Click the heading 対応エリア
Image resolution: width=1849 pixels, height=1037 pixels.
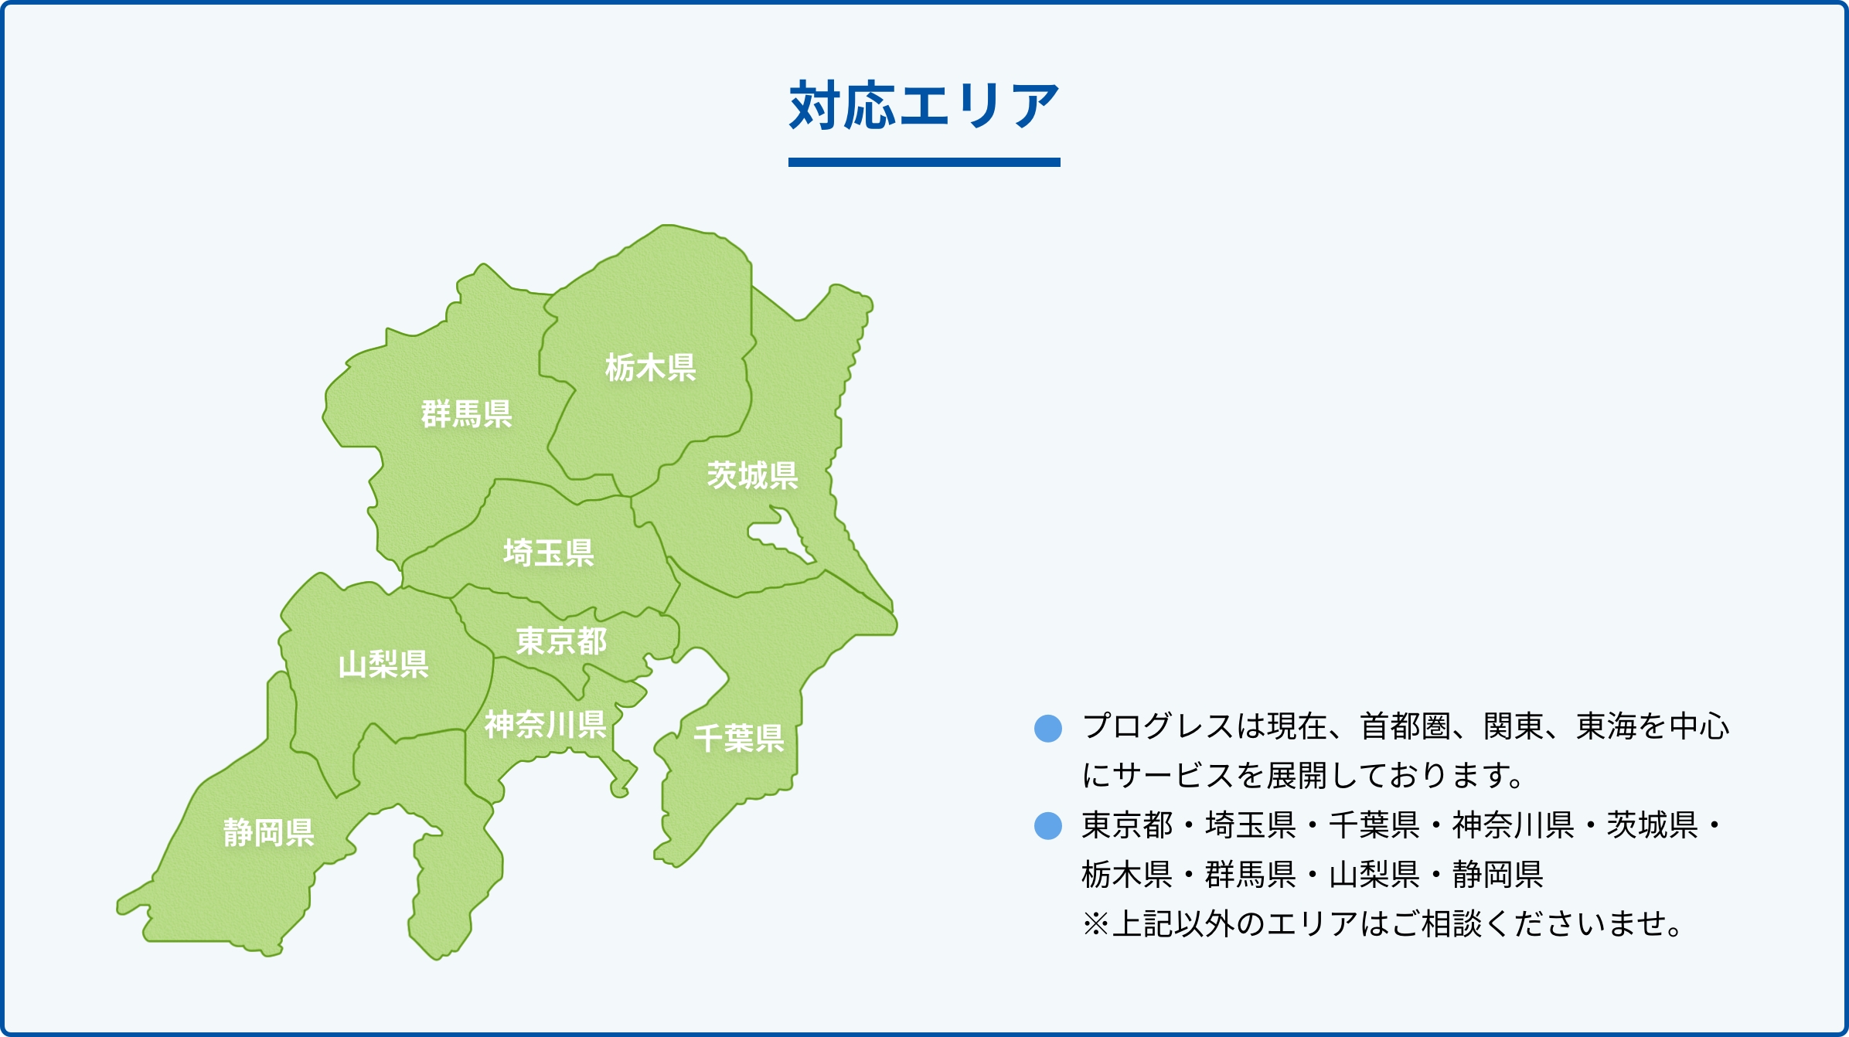pyautogui.click(x=924, y=106)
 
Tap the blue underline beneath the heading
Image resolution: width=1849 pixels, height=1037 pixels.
pyautogui.click(x=924, y=162)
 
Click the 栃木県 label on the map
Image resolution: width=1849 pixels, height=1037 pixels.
pyautogui.click(x=651, y=367)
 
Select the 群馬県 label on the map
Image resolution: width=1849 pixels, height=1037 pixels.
pyautogui.click(x=467, y=413)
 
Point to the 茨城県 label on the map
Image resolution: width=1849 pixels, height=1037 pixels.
pyautogui.click(x=752, y=475)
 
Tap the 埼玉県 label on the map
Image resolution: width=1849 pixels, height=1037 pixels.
pyautogui.click(x=549, y=552)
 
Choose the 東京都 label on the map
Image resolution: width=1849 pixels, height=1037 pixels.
pyautogui.click(x=562, y=641)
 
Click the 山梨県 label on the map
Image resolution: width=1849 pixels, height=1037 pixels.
pyautogui.click(x=383, y=664)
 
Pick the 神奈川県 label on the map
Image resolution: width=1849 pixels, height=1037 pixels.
pyautogui.click(x=546, y=724)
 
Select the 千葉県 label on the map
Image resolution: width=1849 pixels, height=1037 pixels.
pyautogui.click(x=739, y=738)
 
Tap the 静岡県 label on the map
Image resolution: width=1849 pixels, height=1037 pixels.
pyautogui.click(x=269, y=832)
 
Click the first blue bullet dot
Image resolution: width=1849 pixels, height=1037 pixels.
pyautogui.click(x=1048, y=728)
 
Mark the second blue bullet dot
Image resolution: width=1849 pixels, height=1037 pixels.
pyautogui.click(x=1048, y=825)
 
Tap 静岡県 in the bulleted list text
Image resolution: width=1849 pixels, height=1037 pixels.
pyautogui.click(x=1498, y=875)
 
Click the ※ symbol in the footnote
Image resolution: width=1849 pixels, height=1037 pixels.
pyautogui.click(x=1096, y=924)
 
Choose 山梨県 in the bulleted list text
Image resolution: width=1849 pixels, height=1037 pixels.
pyautogui.click(x=1374, y=875)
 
